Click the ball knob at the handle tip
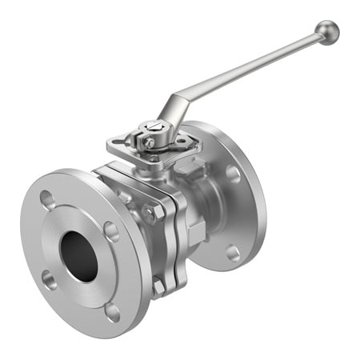[x=326, y=31]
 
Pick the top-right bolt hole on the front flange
[x=112, y=232]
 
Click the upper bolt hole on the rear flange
[x=233, y=172]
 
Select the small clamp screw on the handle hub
[x=149, y=143]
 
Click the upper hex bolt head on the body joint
[x=150, y=214]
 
